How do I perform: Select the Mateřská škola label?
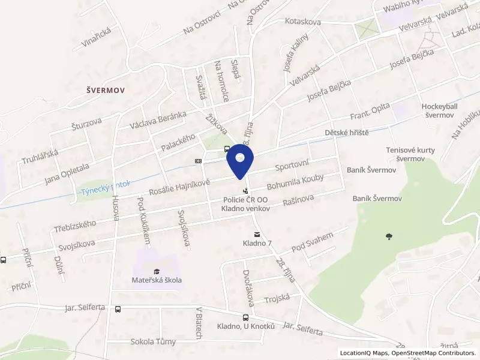[x=157, y=280]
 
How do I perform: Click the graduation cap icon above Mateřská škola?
[x=157, y=271]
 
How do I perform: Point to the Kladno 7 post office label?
[x=257, y=243]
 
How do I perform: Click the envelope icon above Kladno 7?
[x=257, y=233]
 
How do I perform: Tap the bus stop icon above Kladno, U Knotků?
[x=245, y=317]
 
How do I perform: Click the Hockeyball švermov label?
[x=439, y=110]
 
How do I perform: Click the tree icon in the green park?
[x=388, y=236]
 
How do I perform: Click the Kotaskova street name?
[x=303, y=22]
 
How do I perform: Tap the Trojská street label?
[x=277, y=298]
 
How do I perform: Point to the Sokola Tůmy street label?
[x=154, y=342]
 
